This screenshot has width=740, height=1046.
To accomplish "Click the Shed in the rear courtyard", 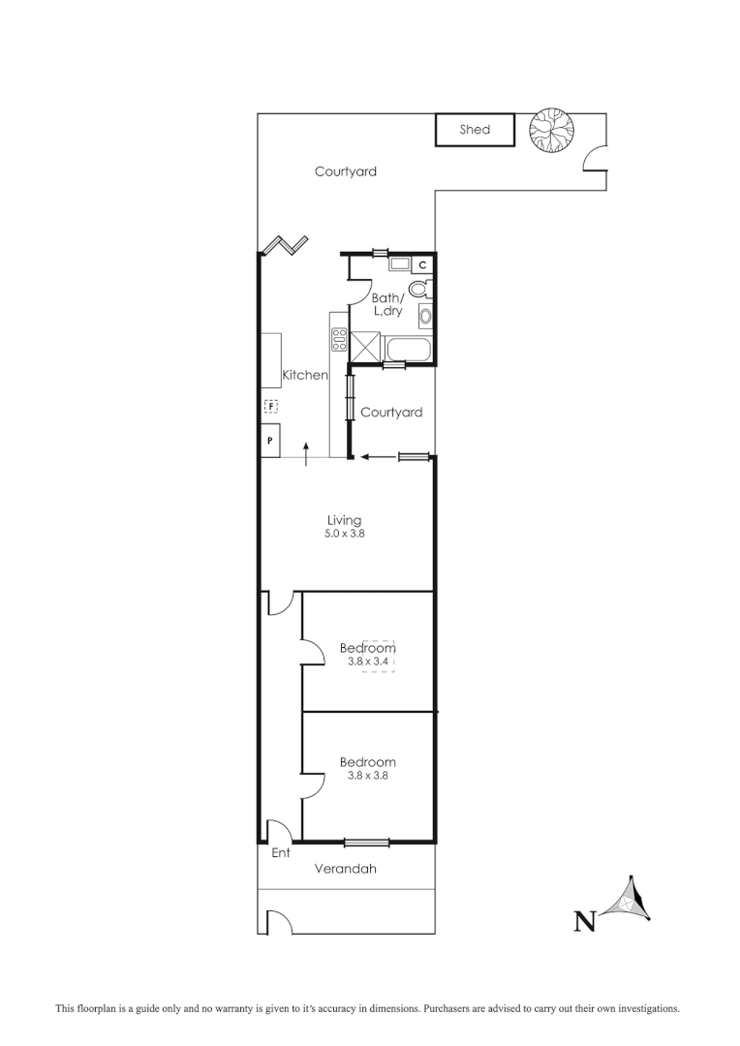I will pyautogui.click(x=475, y=130).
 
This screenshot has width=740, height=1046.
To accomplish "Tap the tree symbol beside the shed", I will pyautogui.click(x=552, y=129).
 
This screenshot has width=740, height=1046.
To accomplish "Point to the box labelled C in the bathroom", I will pyautogui.click(x=423, y=263).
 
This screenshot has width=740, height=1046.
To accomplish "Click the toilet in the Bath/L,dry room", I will pyautogui.click(x=418, y=289).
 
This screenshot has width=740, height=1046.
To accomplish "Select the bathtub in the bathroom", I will pyautogui.click(x=407, y=349).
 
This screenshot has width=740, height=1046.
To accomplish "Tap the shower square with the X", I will pyautogui.click(x=366, y=345).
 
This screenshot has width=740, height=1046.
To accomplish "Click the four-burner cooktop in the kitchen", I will pyautogui.click(x=340, y=339).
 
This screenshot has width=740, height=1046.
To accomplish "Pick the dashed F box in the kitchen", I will pyautogui.click(x=271, y=406).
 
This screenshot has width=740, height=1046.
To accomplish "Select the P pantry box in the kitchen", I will pyautogui.click(x=270, y=441).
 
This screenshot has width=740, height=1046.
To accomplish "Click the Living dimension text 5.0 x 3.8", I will pyautogui.click(x=344, y=534).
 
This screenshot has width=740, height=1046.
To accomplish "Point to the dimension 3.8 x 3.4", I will pyautogui.click(x=367, y=661).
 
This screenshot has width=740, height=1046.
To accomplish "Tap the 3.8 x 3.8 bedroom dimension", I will pyautogui.click(x=367, y=775).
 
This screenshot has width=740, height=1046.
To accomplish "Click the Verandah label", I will pyautogui.click(x=346, y=869).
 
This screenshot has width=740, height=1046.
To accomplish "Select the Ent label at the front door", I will pyautogui.click(x=281, y=853).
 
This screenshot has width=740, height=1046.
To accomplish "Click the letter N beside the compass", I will pyautogui.click(x=584, y=921).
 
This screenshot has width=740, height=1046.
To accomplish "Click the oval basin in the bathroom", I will pyautogui.click(x=423, y=316).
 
